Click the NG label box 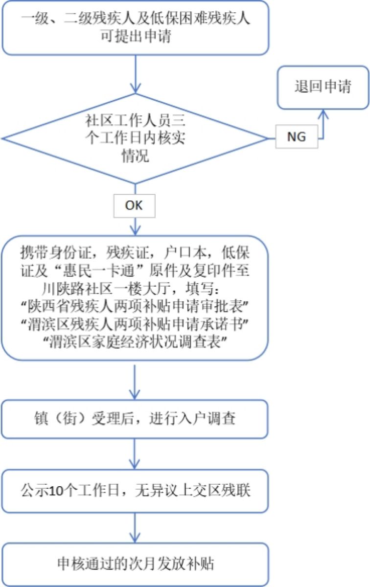[x=296, y=137]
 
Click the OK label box [x=134, y=206]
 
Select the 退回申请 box [x=323, y=87]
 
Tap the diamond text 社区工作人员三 [x=135, y=119]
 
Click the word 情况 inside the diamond [x=135, y=156]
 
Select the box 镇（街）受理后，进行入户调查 [x=135, y=419]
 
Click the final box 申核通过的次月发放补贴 [x=135, y=564]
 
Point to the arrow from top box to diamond [x=135, y=73]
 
